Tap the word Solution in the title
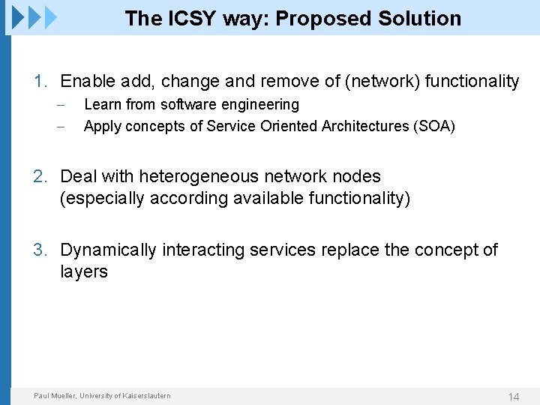tap(421, 19)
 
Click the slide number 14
tap(514, 397)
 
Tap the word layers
tap(84, 271)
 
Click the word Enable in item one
tap(85, 81)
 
